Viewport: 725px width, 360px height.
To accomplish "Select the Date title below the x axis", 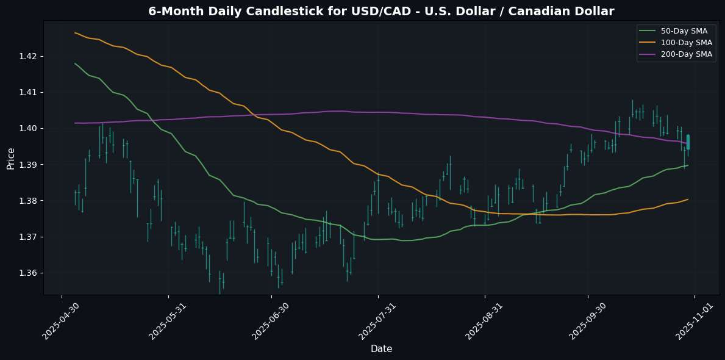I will [382, 349].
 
